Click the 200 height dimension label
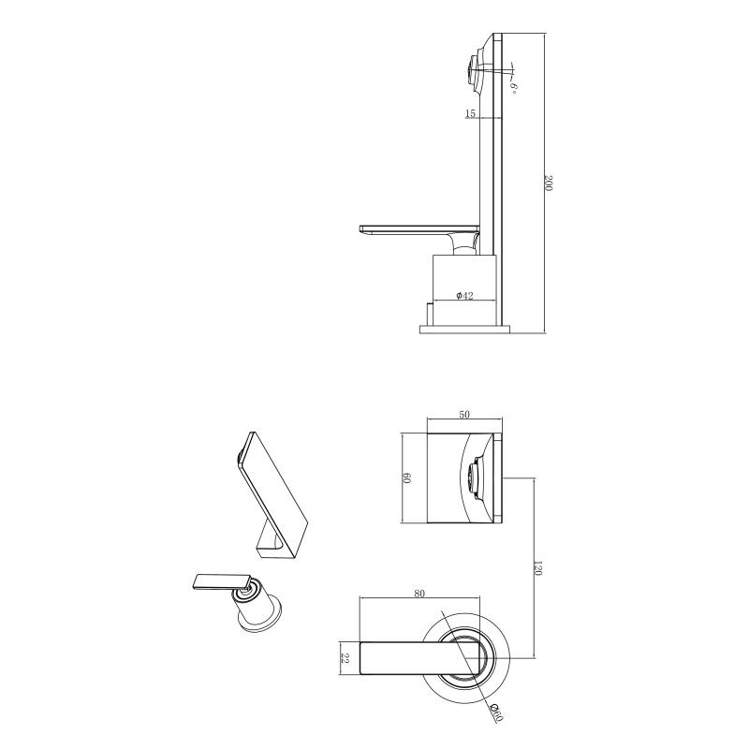click(548, 183)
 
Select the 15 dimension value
click(470, 113)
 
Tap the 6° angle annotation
click(513, 88)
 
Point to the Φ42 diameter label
click(464, 296)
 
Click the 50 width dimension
click(464, 414)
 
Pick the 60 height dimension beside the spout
click(407, 477)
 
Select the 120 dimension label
click(537, 568)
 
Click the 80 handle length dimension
click(419, 594)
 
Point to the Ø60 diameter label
click(496, 713)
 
